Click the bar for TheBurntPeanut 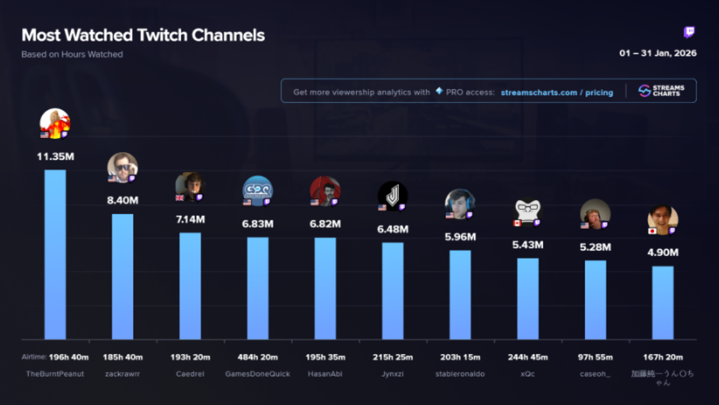coord(55,254)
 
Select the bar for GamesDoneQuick coord(257,288)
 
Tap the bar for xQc coord(527,299)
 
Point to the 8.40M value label coord(122,200)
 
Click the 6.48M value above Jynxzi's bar coord(393,229)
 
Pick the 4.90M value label coord(663,253)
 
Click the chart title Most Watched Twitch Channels coord(143,35)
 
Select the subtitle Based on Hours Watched coord(72,55)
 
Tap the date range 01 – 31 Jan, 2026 coord(658,53)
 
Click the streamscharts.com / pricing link coord(557,92)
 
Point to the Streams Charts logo coord(661,91)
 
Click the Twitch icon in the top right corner coord(689,32)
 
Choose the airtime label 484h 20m coord(257,357)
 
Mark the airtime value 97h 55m coord(595,357)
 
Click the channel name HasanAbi coord(325,373)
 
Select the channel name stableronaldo coord(460,373)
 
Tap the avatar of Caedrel coord(190,186)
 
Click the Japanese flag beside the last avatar coord(652,231)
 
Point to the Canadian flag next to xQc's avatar coord(517,223)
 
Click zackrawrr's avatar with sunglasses coord(122,166)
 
